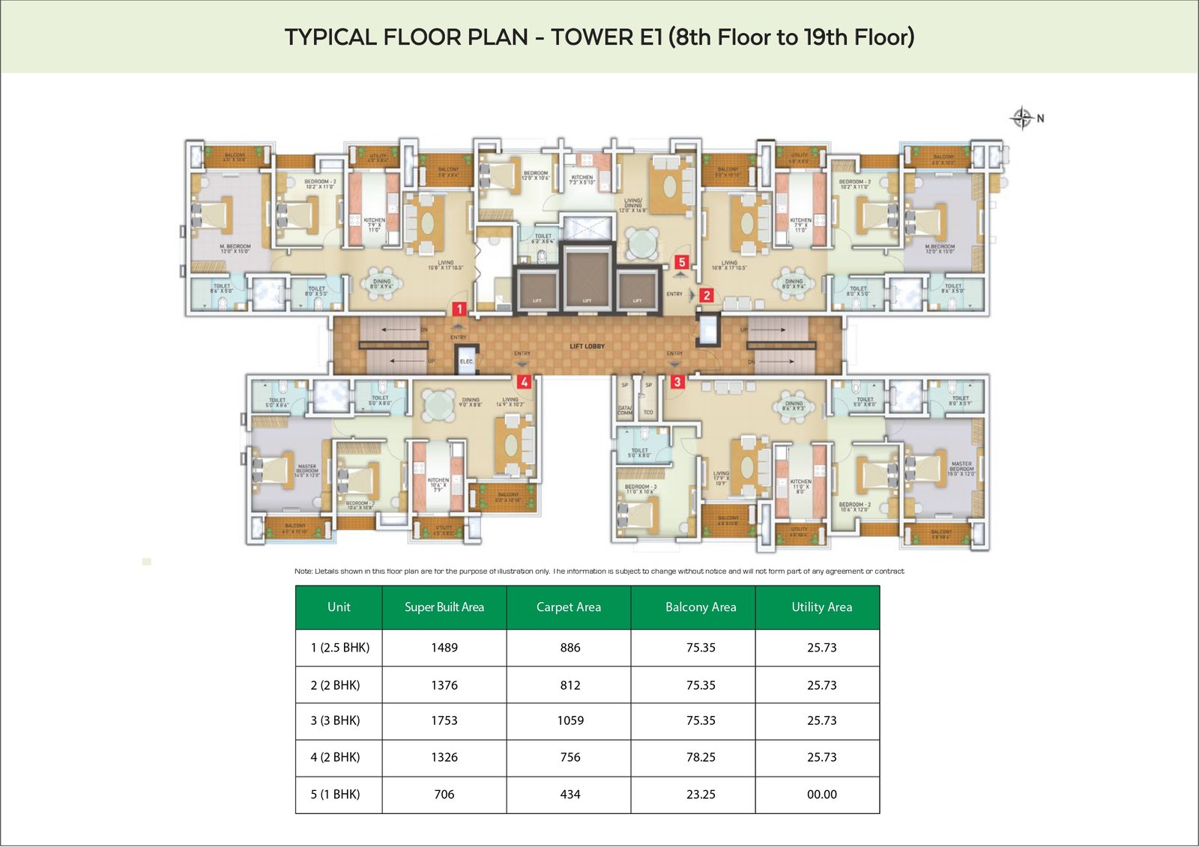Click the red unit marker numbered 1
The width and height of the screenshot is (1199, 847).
click(459, 309)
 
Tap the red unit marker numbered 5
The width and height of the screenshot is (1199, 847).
click(681, 262)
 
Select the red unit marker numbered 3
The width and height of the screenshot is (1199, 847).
click(677, 382)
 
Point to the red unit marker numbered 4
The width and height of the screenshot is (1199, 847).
click(524, 382)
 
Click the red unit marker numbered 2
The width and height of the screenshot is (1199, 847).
click(706, 295)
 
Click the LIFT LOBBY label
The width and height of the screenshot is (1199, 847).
click(587, 346)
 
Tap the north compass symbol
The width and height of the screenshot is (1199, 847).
click(1022, 118)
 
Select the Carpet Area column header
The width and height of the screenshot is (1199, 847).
click(568, 607)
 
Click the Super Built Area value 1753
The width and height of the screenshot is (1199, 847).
click(444, 720)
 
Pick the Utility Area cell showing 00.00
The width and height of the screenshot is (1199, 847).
click(821, 795)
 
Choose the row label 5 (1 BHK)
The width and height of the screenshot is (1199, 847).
click(335, 795)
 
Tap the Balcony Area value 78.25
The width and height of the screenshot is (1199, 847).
click(701, 757)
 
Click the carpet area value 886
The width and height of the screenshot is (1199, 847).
click(570, 648)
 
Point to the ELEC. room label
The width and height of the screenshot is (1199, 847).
click(466, 362)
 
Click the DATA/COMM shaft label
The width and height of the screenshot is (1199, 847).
click(624, 410)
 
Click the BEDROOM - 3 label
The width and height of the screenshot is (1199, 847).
click(640, 487)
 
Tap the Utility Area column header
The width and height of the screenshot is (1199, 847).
click(821, 607)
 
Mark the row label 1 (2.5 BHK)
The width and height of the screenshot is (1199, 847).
click(339, 648)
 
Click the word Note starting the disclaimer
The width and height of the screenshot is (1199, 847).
click(303, 571)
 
